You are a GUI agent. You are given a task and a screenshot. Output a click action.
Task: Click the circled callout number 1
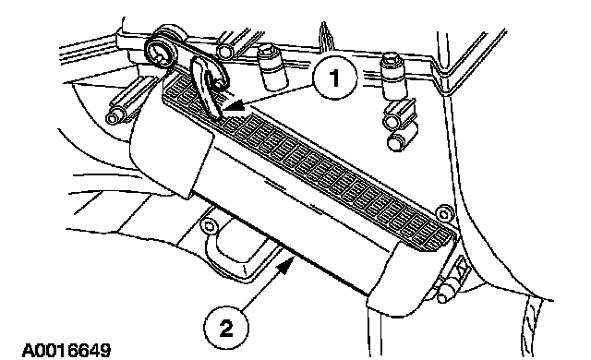tap(334, 79)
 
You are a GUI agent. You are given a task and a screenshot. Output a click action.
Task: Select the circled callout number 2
tap(226, 329)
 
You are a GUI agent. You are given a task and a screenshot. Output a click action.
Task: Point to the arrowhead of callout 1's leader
tap(234, 108)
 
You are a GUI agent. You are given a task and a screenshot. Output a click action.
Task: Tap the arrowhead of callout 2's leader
tap(286, 262)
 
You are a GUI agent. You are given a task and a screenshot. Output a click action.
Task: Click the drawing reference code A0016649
tap(66, 351)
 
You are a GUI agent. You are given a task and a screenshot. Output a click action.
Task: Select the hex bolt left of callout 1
tap(271, 67)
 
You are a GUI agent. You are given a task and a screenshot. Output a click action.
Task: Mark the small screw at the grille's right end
tap(443, 214)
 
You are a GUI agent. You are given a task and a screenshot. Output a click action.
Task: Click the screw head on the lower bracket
tap(207, 227)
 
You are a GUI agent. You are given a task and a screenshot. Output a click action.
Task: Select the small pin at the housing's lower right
tap(445, 293)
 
